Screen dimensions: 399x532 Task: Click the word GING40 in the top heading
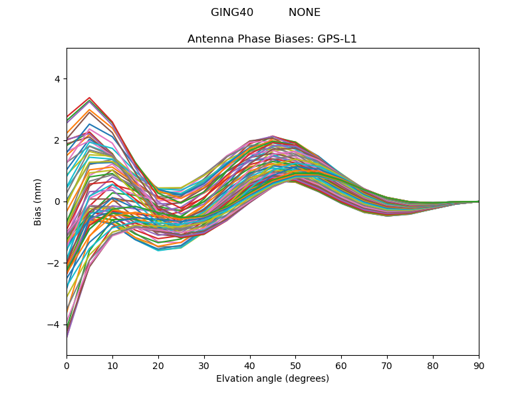coord(232,13)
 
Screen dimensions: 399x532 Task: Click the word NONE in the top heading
coord(304,13)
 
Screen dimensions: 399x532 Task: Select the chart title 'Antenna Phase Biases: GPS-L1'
coord(272,39)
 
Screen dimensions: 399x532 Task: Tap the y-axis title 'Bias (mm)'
coord(38,201)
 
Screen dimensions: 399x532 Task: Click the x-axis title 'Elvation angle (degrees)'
coord(272,379)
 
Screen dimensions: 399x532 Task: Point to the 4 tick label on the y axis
coord(57,79)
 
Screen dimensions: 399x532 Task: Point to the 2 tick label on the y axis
coord(57,140)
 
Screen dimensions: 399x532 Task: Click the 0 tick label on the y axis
coord(57,201)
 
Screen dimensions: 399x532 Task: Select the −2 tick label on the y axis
coord(54,263)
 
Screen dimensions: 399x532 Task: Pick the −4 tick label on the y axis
coord(54,325)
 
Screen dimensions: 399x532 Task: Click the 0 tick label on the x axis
coord(66,365)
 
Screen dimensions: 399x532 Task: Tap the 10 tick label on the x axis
coord(112,365)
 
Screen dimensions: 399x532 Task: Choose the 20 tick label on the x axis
coord(158,365)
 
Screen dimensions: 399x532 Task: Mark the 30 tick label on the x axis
coord(204,365)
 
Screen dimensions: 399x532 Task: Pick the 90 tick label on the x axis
coord(478,365)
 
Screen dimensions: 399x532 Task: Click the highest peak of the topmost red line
coord(89,98)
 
